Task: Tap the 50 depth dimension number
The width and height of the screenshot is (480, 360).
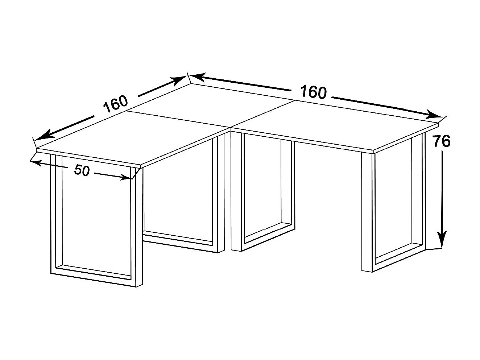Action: coord(82,170)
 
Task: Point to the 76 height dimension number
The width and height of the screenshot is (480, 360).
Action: coord(441,141)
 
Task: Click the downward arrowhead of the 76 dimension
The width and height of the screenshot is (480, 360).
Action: coord(442,241)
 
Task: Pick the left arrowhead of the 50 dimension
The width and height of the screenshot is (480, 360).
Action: coord(34,163)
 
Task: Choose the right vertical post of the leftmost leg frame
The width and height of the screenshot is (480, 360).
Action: coord(137,225)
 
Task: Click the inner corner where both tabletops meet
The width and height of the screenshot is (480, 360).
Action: coord(230,128)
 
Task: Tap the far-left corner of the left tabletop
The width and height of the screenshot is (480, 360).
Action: coord(36,149)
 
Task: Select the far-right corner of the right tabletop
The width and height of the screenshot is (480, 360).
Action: coord(439,124)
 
